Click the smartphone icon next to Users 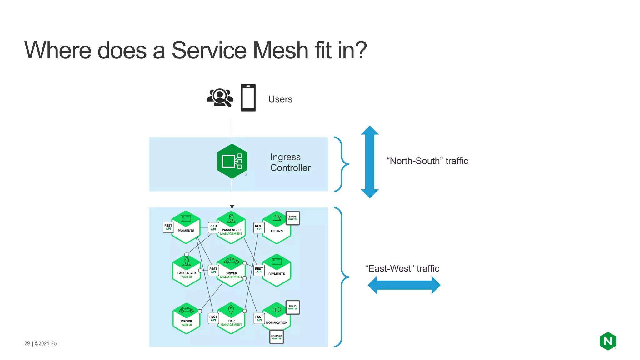click(248, 98)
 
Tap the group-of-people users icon click(220, 98)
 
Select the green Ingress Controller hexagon click(232, 161)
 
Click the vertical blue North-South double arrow click(370, 162)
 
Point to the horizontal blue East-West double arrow click(404, 285)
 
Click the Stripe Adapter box click(292, 218)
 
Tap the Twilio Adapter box click(292, 307)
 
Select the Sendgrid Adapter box click(276, 337)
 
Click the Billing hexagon click(277, 228)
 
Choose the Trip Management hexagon click(231, 318)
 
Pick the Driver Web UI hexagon click(186, 319)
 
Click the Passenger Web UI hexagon click(186, 271)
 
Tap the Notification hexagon click(277, 317)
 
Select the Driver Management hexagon click(231, 270)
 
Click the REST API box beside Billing click(259, 227)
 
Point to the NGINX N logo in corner click(607, 341)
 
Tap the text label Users click(280, 99)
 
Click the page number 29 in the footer click(27, 343)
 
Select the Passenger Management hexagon click(231, 228)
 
